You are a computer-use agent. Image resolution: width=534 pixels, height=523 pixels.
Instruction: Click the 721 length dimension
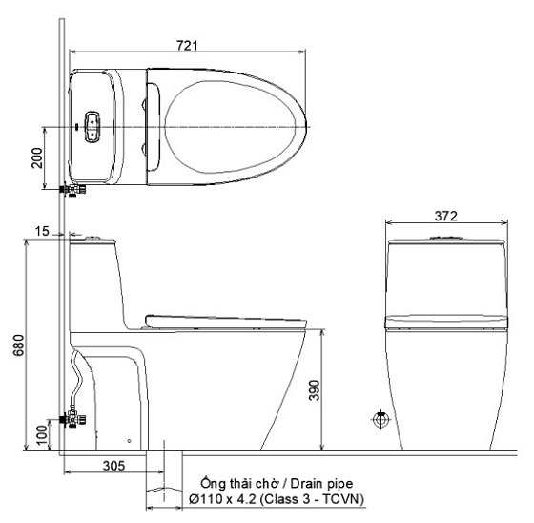[187, 46]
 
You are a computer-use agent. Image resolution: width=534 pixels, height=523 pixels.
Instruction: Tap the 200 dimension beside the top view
[37, 157]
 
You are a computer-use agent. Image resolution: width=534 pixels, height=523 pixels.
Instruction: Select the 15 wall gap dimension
[43, 231]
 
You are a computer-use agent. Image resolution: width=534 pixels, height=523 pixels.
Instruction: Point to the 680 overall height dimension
[18, 345]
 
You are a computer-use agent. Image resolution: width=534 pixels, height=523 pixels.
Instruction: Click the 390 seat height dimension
[314, 389]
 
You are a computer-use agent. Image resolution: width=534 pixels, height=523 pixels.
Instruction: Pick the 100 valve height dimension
[42, 434]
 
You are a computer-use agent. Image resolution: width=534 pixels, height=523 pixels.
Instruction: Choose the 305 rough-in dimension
[114, 466]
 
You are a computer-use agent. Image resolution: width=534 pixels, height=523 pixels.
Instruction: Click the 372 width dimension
[446, 216]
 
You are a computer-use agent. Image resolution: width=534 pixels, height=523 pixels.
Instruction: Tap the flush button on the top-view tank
[92, 126]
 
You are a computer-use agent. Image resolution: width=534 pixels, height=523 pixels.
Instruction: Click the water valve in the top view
[73, 190]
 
